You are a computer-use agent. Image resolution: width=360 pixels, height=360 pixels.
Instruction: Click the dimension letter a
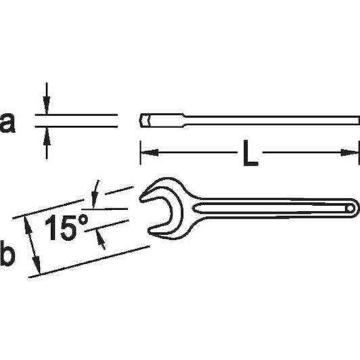click(7, 123)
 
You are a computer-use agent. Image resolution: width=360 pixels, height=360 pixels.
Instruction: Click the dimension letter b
click(7, 253)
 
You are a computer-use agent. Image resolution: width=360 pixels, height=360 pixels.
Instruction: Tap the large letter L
click(250, 153)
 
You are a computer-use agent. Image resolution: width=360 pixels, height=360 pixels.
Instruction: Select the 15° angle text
click(66, 227)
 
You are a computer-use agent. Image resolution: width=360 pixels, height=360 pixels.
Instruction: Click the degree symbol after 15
click(83, 220)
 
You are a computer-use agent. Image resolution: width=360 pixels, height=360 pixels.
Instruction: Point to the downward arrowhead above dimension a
click(47, 105)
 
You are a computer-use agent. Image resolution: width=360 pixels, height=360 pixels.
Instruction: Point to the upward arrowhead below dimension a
click(47, 136)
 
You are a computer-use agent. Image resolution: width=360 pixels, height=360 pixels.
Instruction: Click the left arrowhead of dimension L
click(150, 152)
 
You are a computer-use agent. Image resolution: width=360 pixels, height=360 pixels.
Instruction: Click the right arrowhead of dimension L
click(349, 152)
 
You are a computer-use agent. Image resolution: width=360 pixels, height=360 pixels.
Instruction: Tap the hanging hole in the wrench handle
click(350, 208)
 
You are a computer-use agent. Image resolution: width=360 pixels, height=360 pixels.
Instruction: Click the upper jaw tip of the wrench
click(141, 198)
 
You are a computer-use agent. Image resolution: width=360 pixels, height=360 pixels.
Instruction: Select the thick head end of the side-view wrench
click(162, 120)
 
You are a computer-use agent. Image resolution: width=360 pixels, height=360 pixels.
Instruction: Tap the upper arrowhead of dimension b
click(27, 225)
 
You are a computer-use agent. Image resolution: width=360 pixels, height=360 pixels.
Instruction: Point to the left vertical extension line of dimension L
click(140, 153)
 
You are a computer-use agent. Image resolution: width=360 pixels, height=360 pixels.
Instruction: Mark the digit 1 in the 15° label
click(51, 227)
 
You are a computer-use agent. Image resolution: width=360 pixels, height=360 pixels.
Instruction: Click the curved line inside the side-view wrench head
click(149, 120)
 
